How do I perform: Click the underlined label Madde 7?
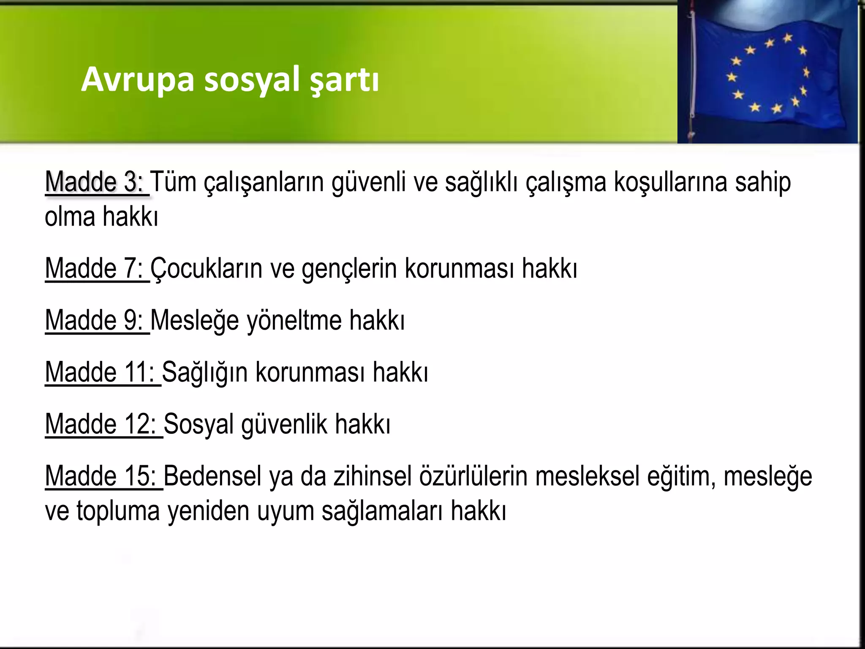point(96,268)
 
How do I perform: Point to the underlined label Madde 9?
point(96,320)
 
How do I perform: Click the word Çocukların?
point(206,268)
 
